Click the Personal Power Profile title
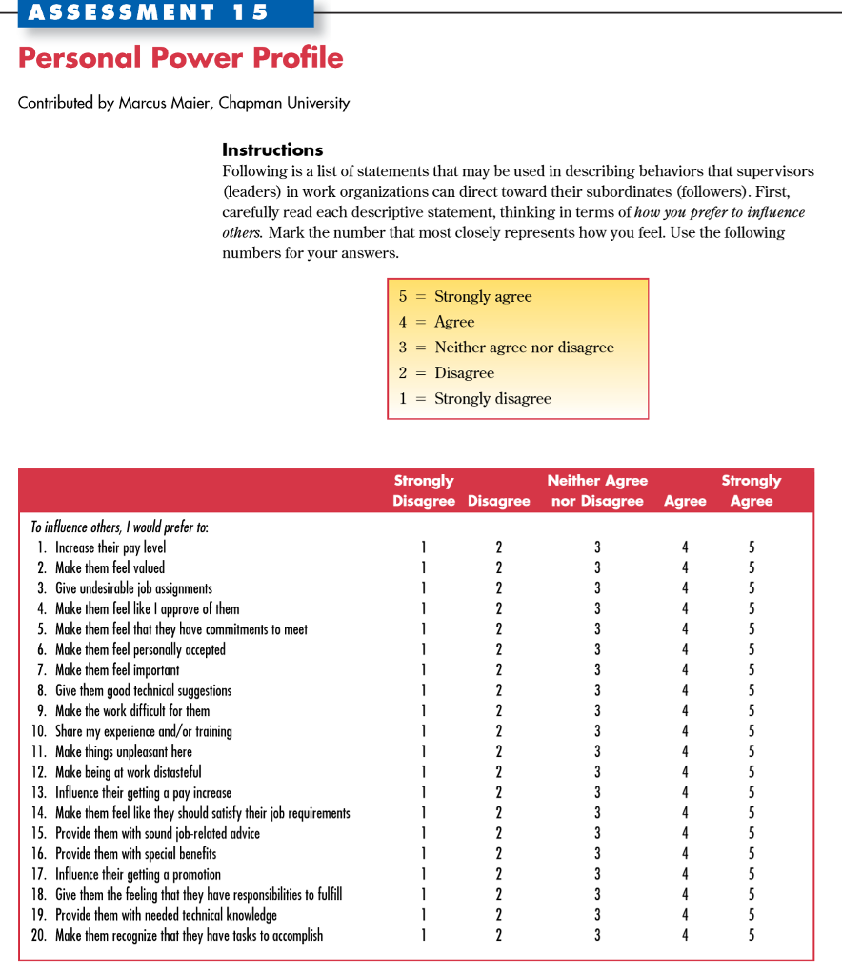click(x=180, y=58)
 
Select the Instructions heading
click(x=272, y=149)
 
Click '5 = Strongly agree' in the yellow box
click(x=465, y=297)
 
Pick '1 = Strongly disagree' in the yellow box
click(x=474, y=399)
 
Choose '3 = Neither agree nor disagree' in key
click(x=506, y=348)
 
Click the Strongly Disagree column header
click(x=424, y=490)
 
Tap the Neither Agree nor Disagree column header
click(x=597, y=490)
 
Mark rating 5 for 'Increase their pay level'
click(x=752, y=547)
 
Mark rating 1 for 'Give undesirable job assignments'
click(x=424, y=588)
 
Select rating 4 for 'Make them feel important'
click(x=685, y=670)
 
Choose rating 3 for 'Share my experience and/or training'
click(x=597, y=731)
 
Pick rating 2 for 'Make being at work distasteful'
click(x=498, y=772)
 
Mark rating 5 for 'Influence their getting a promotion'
click(x=752, y=874)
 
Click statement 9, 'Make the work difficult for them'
click(x=131, y=711)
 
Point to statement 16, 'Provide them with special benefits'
click(x=135, y=854)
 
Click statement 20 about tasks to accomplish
click(x=188, y=936)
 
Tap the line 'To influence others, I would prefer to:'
click(x=119, y=527)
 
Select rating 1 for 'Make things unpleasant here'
click(x=424, y=752)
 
